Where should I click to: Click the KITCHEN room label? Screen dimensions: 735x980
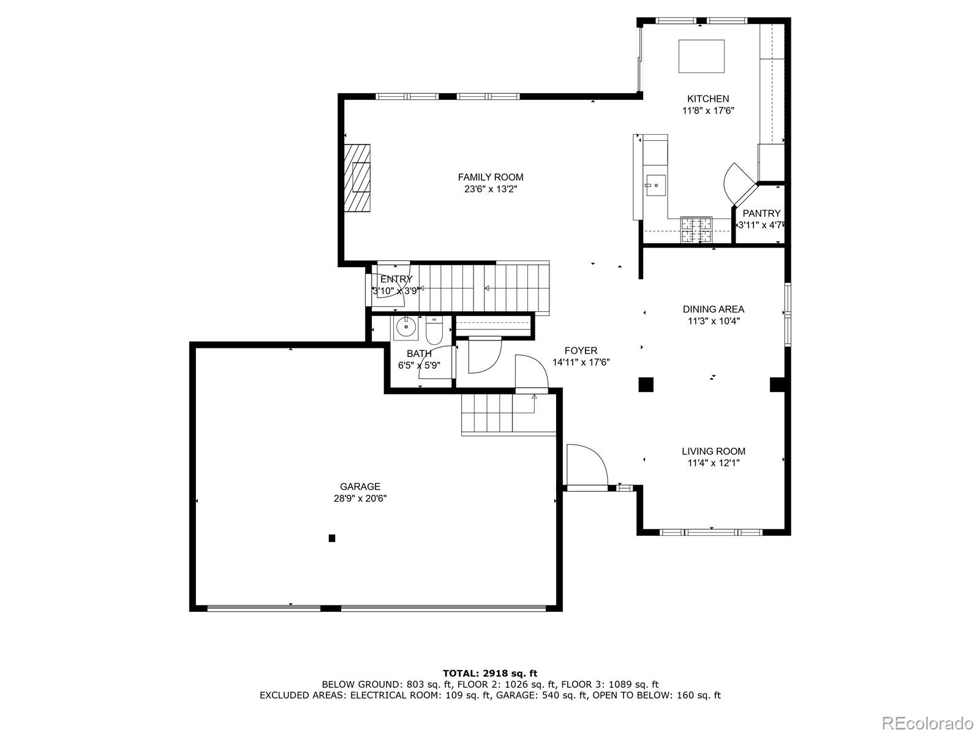707,99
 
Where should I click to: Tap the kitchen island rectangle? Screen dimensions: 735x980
701,56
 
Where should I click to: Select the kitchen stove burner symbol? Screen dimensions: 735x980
697,230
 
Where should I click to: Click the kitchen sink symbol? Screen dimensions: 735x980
655,184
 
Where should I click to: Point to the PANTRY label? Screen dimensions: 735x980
761,213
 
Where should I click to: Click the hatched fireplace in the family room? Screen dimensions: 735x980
357,178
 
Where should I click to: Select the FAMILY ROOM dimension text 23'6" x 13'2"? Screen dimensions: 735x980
491,189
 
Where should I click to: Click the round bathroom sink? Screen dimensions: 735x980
405,327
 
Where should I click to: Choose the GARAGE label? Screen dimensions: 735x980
360,487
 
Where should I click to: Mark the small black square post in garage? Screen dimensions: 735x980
332,538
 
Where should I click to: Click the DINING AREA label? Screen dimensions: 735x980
714,309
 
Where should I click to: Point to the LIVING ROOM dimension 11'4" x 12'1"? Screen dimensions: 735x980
714,463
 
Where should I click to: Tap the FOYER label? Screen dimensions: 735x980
581,350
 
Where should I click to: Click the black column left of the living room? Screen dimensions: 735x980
646,385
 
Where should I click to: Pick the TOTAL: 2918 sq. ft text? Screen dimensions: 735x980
490,673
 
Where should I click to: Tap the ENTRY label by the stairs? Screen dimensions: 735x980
396,279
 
